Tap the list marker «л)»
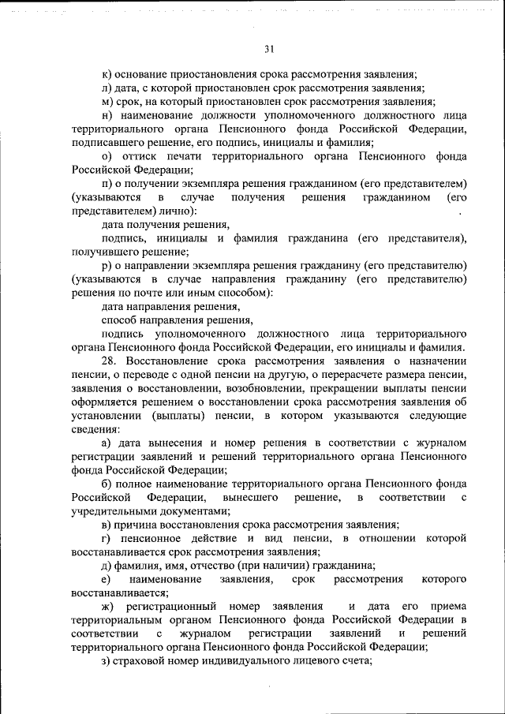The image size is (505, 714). click(x=107, y=88)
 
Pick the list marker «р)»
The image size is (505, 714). click(x=107, y=265)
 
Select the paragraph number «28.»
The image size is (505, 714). click(x=110, y=361)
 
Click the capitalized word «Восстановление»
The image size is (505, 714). click(x=166, y=361)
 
